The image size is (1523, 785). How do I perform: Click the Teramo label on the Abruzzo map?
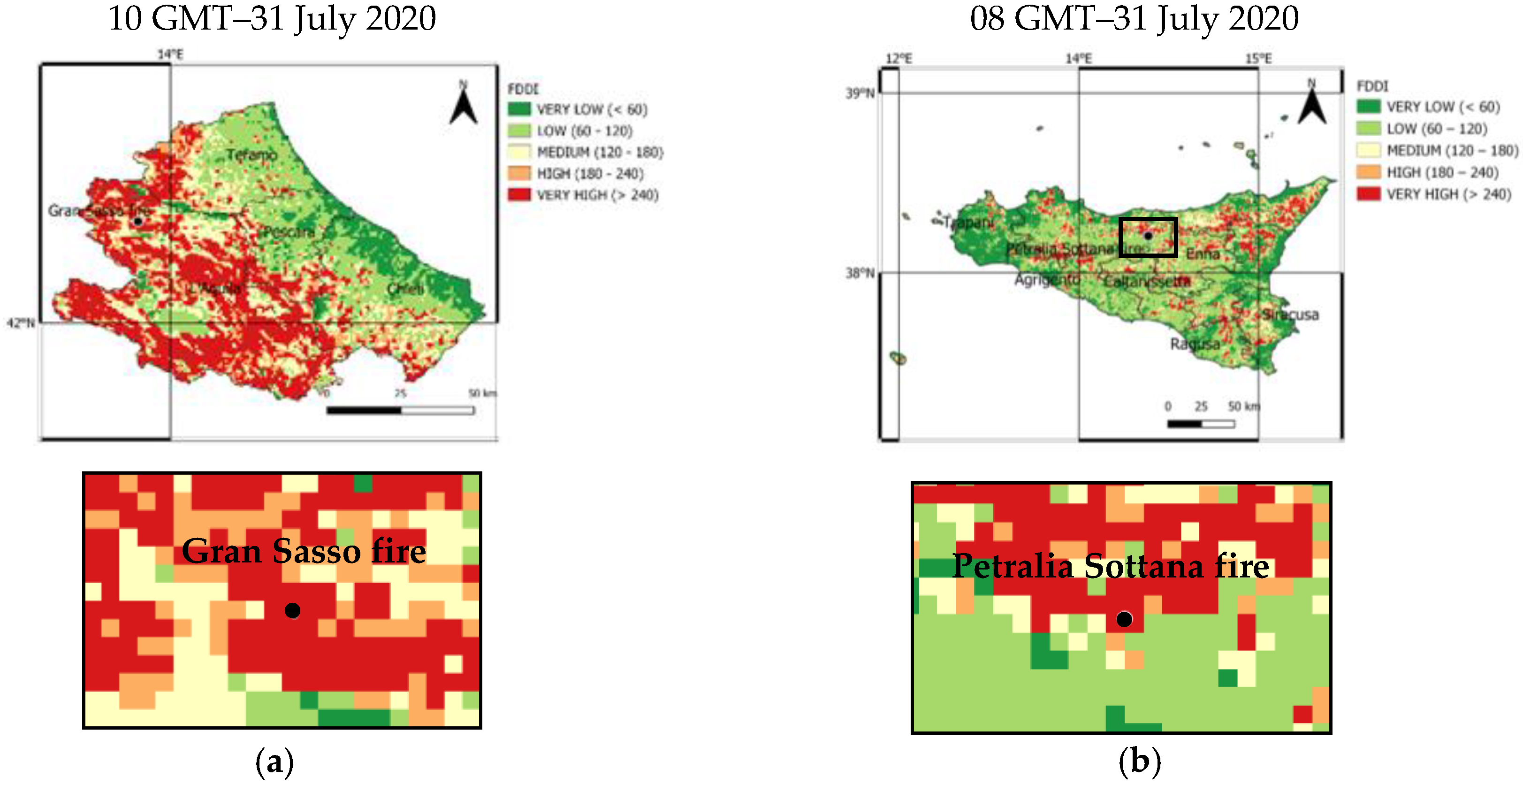pos(252,155)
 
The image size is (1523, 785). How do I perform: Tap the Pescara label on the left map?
pos(289,231)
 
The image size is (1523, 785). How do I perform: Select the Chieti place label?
pos(405,289)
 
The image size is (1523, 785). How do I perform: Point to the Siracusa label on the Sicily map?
pos(1290,314)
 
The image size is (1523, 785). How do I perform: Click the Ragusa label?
pos(1195,344)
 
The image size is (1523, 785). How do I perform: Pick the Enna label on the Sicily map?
pos(1203,254)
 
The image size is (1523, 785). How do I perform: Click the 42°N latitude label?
pos(21,323)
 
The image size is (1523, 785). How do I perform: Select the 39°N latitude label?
pos(860,93)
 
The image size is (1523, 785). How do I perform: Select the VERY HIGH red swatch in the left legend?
pos(519,195)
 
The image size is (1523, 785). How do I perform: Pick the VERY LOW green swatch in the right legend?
pos(1368,107)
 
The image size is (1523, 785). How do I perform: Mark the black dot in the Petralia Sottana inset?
pos(1124,619)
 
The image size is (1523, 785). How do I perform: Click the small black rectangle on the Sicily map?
pos(1148,237)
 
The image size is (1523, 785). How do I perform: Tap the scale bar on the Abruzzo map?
pos(400,410)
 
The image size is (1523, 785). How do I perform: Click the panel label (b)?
pos(1139,762)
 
